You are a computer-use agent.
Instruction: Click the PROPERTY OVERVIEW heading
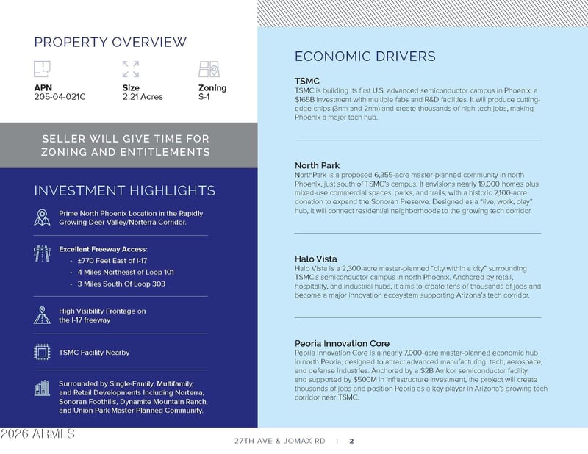[x=110, y=42]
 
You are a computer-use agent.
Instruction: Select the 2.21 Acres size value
[x=143, y=97]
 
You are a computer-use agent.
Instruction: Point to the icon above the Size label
[x=131, y=69]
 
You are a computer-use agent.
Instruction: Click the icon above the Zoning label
[x=209, y=69]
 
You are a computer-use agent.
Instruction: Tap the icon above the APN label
[x=42, y=69]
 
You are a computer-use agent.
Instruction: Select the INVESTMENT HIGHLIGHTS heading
[x=124, y=191]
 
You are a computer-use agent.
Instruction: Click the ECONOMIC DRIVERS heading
[x=365, y=57]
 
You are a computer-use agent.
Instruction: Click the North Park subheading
[x=317, y=165]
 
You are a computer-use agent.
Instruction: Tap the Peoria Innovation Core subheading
[x=342, y=343]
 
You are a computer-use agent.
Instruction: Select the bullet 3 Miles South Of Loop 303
[x=121, y=284]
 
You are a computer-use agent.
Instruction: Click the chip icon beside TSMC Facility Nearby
[x=42, y=352]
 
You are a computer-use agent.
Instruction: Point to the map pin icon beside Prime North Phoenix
[x=42, y=217]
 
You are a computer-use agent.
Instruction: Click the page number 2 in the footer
[x=352, y=442]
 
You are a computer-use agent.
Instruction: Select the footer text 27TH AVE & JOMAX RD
[x=279, y=442]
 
